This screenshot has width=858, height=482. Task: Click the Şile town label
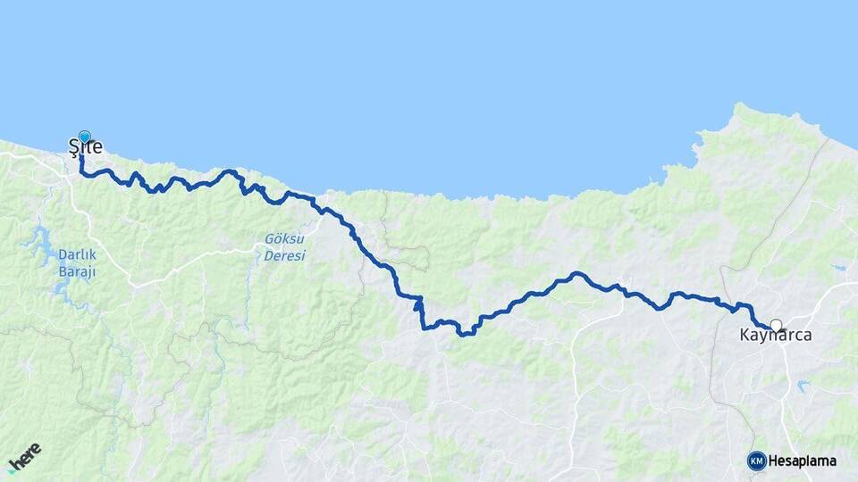tap(86, 146)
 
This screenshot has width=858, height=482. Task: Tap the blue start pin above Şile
tap(85, 136)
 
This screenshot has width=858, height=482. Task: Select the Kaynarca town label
tap(776, 336)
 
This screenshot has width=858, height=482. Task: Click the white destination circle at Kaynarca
tap(776, 326)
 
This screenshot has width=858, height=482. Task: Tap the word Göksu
tap(284, 239)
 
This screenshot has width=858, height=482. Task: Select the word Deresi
tap(284, 255)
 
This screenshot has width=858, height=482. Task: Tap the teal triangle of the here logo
tap(12, 470)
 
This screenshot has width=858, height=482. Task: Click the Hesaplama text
tap(803, 461)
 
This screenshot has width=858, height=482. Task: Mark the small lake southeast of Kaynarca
tap(802, 385)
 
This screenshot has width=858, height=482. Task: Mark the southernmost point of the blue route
tap(465, 335)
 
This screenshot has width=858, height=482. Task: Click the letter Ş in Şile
tap(75, 146)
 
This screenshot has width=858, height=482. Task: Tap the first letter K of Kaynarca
tap(745, 336)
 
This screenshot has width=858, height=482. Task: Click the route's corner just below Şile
tap(82, 173)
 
